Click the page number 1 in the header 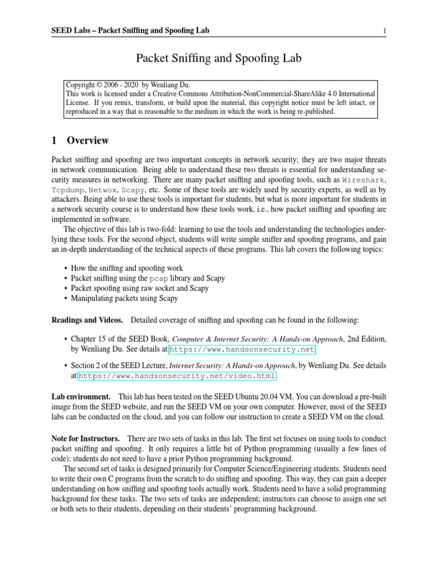385,30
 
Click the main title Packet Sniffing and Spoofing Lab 218,58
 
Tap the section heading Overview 87,140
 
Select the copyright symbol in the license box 99,84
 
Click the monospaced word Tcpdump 68,189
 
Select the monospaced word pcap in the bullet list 159,278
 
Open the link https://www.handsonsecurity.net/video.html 177,376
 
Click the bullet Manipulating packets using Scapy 124,298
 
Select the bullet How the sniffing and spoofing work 127,268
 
